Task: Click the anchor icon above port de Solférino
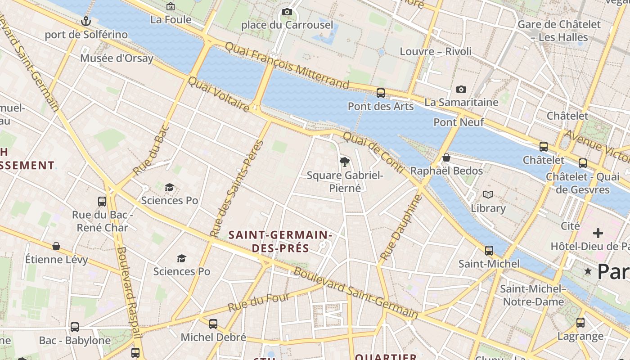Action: (x=85, y=21)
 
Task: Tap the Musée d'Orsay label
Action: (x=117, y=58)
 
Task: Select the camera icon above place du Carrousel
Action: (x=287, y=12)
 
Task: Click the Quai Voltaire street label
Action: (x=218, y=94)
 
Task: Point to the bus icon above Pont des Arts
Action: (x=381, y=93)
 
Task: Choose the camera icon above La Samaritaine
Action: (x=461, y=90)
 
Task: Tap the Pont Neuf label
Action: (x=459, y=122)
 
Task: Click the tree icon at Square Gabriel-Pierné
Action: (x=345, y=162)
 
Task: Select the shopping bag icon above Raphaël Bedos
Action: (x=446, y=157)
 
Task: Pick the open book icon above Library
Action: (x=488, y=195)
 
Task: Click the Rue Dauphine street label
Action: (x=401, y=227)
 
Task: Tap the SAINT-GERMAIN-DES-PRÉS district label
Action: (x=280, y=241)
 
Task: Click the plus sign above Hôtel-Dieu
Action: (x=598, y=233)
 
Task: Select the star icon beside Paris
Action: (x=588, y=271)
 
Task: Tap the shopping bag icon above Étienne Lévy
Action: (x=56, y=246)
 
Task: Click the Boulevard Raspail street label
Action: (x=129, y=292)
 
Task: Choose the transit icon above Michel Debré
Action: (x=213, y=324)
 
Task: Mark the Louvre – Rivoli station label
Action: (x=436, y=51)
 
